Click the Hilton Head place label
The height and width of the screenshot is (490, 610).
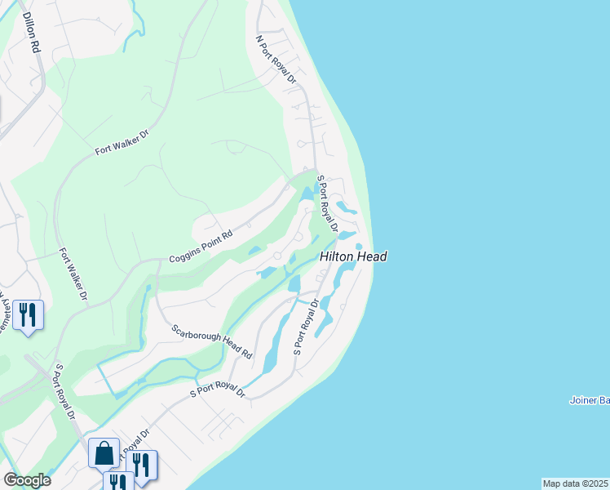point(352,256)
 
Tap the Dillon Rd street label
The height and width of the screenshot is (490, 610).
point(31,33)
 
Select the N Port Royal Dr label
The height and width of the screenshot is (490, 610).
point(274,59)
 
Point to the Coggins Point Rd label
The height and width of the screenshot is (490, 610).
point(201,246)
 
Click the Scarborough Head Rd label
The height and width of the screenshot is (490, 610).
point(212,343)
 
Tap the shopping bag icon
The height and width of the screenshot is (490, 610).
point(106,453)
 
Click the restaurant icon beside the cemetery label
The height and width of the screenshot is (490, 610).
point(27,314)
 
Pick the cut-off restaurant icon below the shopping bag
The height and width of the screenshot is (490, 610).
point(119,481)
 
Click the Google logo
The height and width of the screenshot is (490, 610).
point(27,479)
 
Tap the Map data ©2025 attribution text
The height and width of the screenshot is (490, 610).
point(576,483)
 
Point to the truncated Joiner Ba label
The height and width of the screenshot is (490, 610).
point(589,400)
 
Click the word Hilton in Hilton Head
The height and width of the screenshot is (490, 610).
point(336,256)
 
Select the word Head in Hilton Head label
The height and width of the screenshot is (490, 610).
point(370,256)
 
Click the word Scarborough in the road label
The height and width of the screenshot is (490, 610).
point(199,336)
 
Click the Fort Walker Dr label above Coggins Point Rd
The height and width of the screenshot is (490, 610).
point(122,145)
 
